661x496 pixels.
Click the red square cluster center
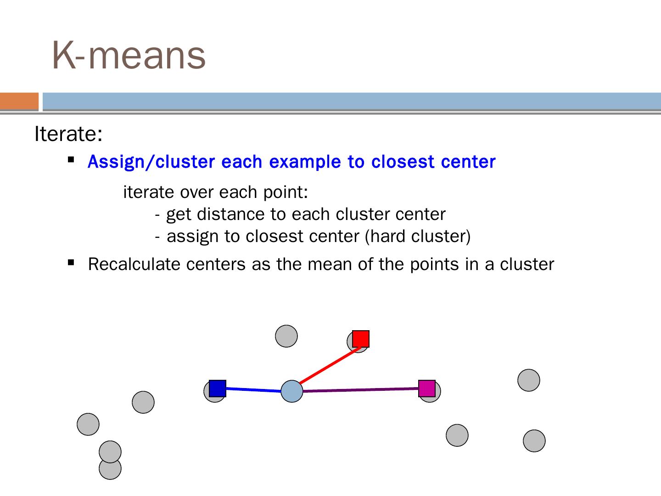click(x=361, y=338)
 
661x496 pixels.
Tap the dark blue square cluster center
click(x=218, y=389)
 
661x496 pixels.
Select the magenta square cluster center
click(x=427, y=389)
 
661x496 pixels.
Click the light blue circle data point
click(x=292, y=391)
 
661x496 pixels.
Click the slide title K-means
click(x=129, y=55)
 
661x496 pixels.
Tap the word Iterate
click(x=68, y=134)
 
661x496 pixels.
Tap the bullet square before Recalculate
click(x=71, y=263)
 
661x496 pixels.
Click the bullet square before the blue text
click(x=71, y=160)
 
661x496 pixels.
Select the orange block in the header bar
click(x=19, y=101)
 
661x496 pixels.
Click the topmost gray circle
click(x=286, y=336)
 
